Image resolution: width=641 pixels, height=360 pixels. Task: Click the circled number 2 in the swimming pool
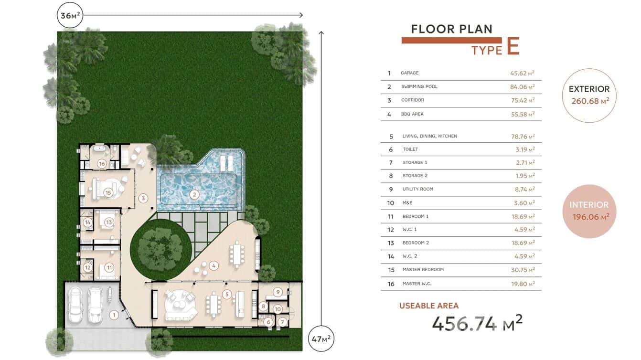(194, 194)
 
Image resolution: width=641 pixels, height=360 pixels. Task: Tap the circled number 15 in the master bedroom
(108, 192)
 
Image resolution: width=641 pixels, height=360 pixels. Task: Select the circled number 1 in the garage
(114, 315)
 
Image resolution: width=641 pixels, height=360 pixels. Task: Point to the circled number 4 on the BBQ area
(214, 265)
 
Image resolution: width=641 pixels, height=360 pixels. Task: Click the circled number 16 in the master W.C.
(102, 164)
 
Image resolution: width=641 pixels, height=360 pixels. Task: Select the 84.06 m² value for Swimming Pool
(522, 87)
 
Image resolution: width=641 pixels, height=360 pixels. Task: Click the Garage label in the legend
(409, 73)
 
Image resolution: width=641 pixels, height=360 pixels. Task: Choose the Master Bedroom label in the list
(423, 270)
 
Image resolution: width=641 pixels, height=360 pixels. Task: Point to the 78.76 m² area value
(522, 137)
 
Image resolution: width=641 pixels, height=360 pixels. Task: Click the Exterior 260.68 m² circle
(589, 95)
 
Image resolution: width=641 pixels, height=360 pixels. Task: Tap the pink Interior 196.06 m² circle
(589, 211)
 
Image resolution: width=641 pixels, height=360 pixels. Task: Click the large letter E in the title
(513, 46)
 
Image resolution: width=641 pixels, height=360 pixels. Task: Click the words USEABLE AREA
(428, 306)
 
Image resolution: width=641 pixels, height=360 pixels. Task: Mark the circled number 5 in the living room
(227, 294)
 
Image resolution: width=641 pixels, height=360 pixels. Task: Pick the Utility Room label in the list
(417, 189)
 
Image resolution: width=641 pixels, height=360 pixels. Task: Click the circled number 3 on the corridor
(142, 198)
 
